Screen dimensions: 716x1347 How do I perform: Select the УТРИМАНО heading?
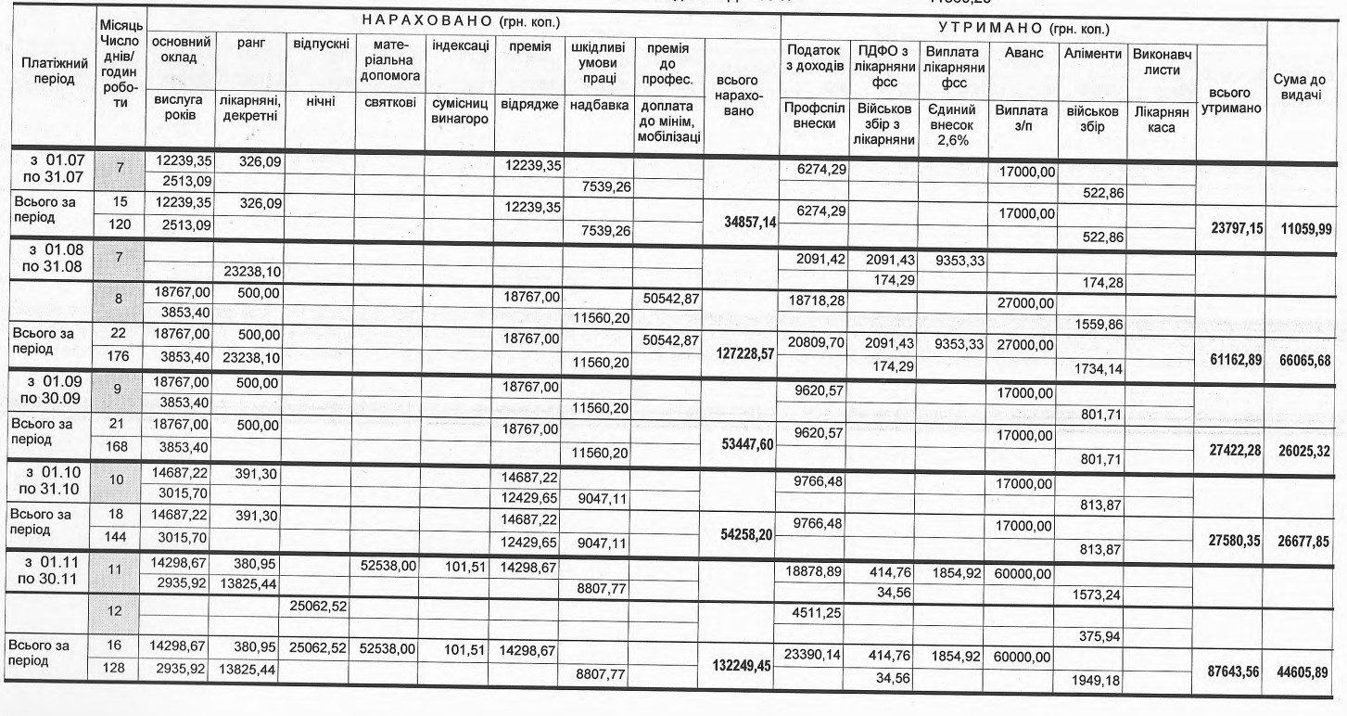[1025, 30]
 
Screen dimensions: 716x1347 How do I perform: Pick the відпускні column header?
[320, 45]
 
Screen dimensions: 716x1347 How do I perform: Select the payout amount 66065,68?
[1303, 359]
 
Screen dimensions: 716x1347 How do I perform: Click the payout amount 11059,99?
[1303, 228]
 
